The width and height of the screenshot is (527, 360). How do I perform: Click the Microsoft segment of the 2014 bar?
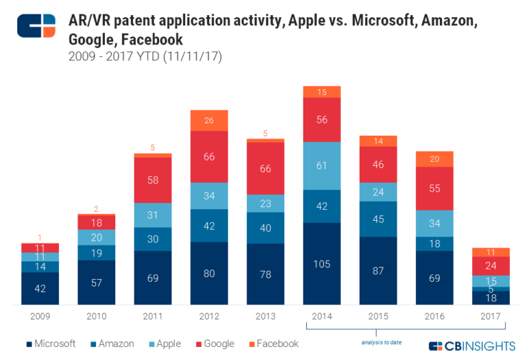322,264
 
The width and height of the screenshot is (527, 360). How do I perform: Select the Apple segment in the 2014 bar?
322,166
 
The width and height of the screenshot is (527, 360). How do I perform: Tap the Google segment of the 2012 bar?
209,156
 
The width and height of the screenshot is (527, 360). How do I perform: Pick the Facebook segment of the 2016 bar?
434,159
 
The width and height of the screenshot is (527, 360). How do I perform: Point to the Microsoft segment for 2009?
40,289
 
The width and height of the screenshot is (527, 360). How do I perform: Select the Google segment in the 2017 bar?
491,266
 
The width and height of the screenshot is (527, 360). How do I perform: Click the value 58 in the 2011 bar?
153,180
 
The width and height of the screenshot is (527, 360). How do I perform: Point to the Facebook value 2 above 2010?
97,210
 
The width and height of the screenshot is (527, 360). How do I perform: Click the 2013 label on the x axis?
266,315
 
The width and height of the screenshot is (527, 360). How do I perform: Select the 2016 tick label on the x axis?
434,315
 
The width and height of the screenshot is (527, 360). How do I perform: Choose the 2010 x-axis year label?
97,315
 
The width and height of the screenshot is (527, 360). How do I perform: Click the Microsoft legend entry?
52,344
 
